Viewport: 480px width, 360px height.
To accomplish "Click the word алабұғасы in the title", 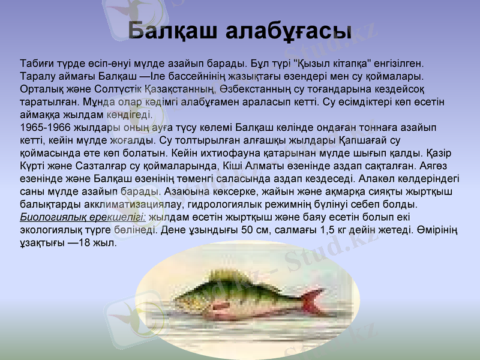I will pos(291,31).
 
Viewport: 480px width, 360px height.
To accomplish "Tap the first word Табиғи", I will pos(36,63).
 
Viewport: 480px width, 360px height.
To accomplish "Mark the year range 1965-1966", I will pos(43,128).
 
